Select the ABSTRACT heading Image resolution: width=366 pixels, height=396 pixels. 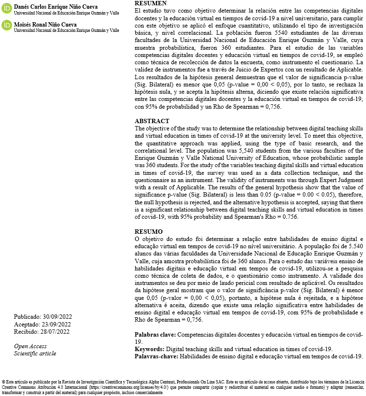point(152,121)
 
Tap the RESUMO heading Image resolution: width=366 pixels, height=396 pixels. point(148,232)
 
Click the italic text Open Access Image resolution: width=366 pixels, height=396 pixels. point(30,346)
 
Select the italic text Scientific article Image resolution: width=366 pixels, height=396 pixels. point(35,354)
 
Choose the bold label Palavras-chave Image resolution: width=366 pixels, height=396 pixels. point(156,356)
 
